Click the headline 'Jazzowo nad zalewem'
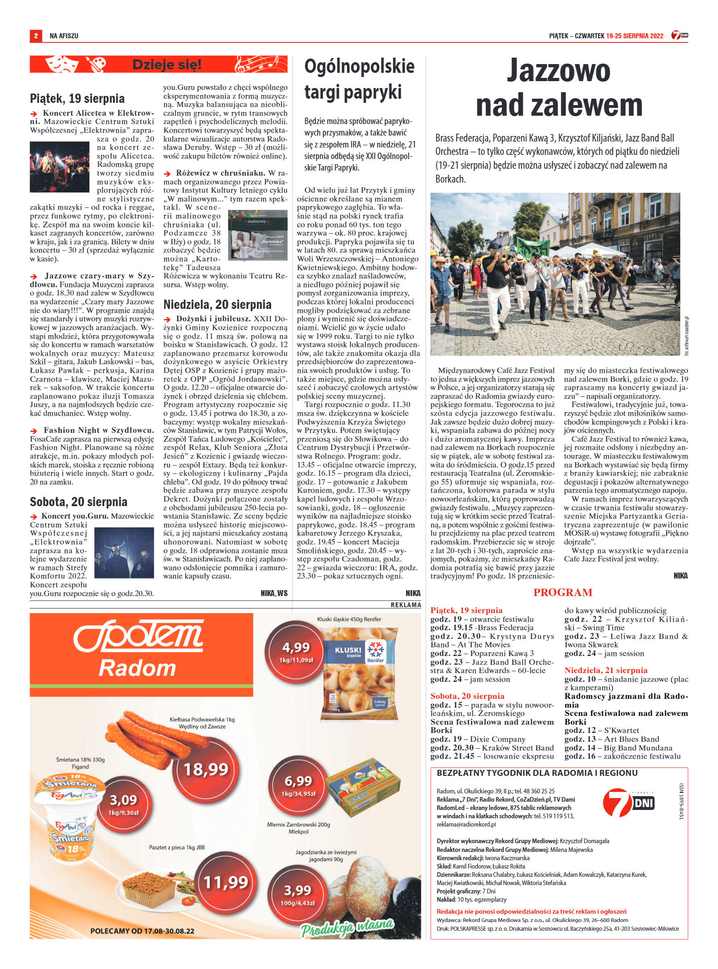point(559,88)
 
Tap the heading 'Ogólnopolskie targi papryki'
point(359,79)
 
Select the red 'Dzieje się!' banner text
point(167,65)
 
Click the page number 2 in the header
point(35,36)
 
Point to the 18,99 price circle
point(206,769)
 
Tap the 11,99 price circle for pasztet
point(226,882)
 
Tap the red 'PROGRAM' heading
point(563,592)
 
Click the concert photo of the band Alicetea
point(59,167)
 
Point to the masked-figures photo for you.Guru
point(124,553)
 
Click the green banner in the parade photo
point(533,247)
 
